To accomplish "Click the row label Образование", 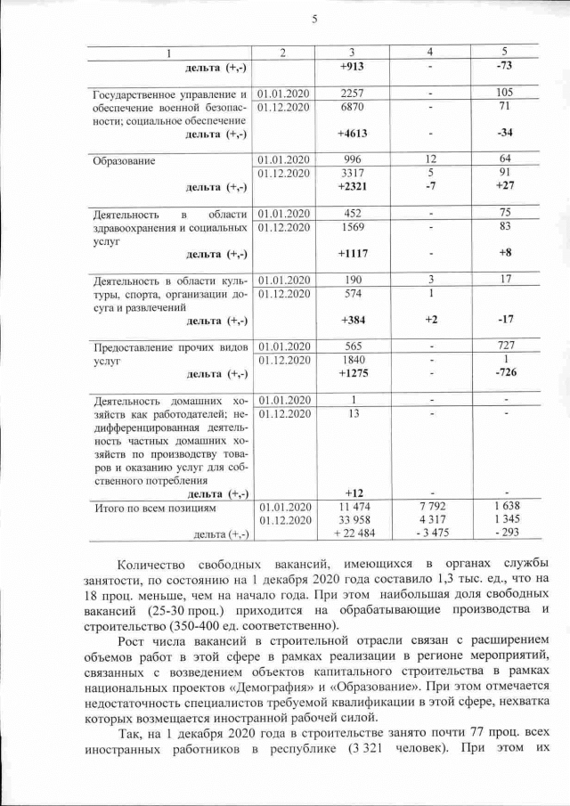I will point(125,161).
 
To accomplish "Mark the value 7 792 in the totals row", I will point(430,507).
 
